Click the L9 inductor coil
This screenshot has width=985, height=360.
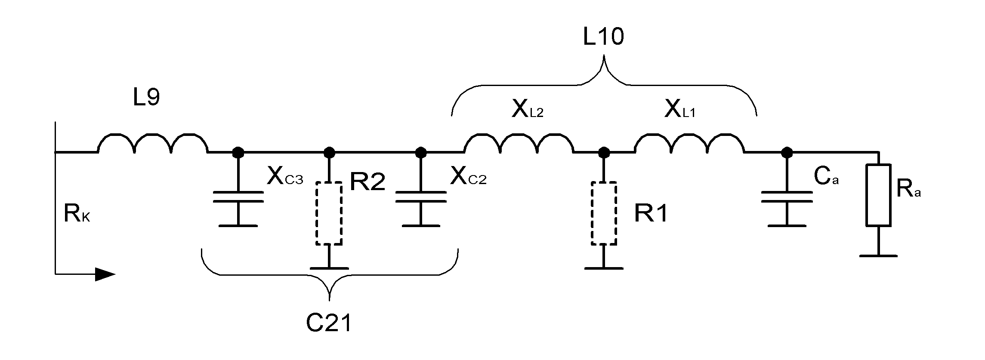[153, 144]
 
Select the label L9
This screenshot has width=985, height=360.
[146, 98]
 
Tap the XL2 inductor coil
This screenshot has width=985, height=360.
[519, 144]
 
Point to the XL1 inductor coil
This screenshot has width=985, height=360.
[689, 144]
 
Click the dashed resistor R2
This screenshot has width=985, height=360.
[329, 213]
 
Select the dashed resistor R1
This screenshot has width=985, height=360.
[604, 213]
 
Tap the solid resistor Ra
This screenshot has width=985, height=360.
[878, 195]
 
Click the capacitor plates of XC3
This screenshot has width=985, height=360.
[238, 197]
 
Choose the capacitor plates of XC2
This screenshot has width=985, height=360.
[421, 197]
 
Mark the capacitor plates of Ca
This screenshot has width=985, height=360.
[787, 197]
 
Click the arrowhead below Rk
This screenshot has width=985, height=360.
[105, 274]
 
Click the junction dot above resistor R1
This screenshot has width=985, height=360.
[604, 152]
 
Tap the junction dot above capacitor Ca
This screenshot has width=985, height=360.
[787, 152]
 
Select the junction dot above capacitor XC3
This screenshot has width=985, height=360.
[238, 152]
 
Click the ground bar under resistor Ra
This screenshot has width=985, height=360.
[878, 256]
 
